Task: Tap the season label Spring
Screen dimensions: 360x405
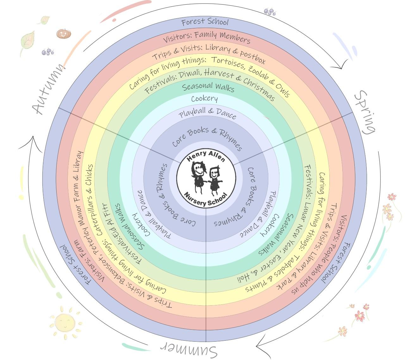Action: pos(365,112)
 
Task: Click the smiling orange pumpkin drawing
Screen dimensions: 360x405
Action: pos(64,34)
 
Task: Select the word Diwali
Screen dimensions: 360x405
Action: pos(190,74)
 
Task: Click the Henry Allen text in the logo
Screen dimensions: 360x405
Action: pos(206,156)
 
